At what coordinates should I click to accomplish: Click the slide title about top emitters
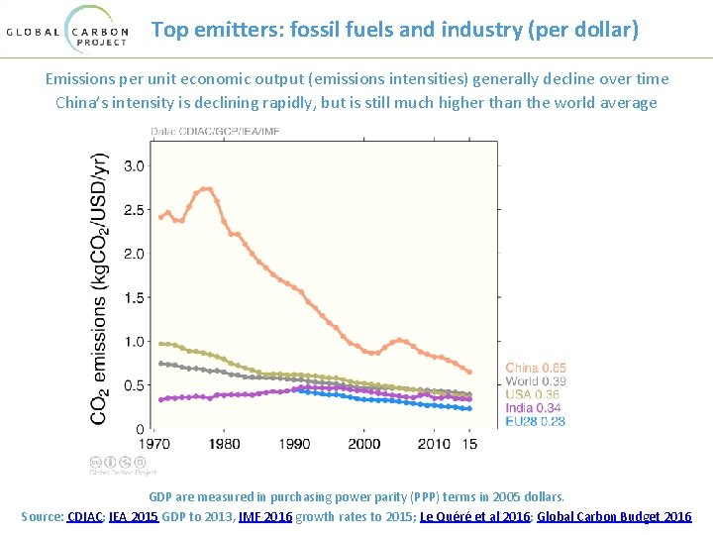[395, 30]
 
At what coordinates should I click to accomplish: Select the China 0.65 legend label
[536, 369]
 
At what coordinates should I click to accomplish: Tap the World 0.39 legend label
[536, 381]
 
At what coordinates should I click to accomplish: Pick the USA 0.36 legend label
[533, 394]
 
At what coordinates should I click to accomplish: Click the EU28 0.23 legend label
[536, 420]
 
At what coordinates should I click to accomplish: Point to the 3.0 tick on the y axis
[134, 166]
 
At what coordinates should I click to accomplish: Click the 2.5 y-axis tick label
[134, 210]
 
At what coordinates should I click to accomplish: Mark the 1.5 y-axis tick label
[134, 297]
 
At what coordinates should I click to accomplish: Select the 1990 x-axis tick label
[294, 444]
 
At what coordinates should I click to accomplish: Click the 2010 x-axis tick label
[434, 444]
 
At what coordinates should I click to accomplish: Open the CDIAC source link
[85, 516]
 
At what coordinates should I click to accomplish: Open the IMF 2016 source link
[265, 516]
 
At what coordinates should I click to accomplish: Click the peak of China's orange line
[206, 188]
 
